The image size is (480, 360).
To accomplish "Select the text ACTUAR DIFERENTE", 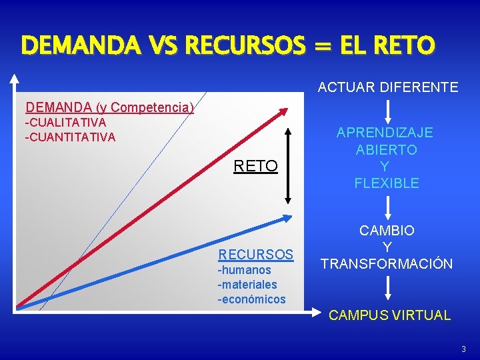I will tap(387, 87).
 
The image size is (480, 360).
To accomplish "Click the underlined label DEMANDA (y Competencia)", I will tap(109, 107).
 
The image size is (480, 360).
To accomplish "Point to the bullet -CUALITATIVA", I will tap(65, 123).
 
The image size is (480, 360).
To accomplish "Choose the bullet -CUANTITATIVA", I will tap(70, 137).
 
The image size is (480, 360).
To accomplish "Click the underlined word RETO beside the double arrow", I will tap(255, 166).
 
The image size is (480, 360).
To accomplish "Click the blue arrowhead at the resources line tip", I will tap(288, 217).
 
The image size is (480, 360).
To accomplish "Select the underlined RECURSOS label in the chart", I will tap(256, 255).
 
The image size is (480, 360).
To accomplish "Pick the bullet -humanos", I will tap(245, 270).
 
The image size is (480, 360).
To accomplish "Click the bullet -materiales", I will tap(247, 285).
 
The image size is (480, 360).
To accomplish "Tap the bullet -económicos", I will tap(251, 299).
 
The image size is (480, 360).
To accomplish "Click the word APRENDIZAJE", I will tap(385, 132).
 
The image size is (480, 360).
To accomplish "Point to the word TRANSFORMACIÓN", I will tap(387, 264).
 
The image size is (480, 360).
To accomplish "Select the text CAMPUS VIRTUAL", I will tap(389, 315).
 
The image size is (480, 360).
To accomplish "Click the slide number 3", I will tap(463, 349).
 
